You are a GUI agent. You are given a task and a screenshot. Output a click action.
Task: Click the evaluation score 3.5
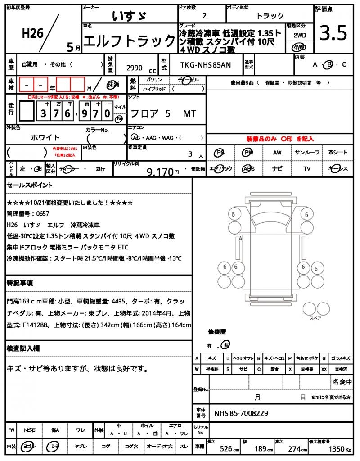point(333,33)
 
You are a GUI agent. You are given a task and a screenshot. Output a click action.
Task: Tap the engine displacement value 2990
point(135,68)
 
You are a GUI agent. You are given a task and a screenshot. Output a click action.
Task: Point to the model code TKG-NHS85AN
point(206,65)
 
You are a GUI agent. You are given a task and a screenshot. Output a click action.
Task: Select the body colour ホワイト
point(45,137)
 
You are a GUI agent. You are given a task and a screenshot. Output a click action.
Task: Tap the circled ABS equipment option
point(248,169)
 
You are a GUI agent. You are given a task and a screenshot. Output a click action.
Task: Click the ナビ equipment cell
point(277,169)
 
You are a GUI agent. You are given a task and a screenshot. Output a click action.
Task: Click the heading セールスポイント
point(30,185)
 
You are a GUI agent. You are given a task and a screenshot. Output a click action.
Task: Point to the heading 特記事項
point(19,283)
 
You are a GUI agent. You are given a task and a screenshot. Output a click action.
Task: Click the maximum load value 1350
point(335,448)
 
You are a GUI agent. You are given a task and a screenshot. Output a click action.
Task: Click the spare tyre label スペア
point(315,318)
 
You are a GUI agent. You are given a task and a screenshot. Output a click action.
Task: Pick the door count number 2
point(205,16)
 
